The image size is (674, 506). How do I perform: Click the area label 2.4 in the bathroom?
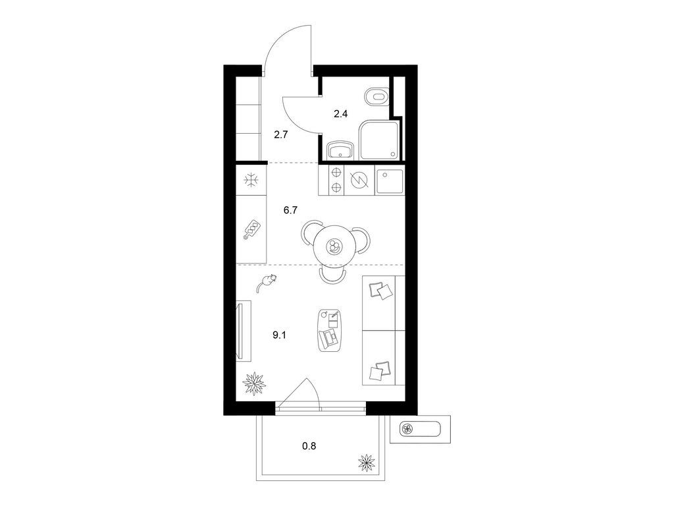(x=340, y=114)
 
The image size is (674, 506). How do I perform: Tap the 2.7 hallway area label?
(x=280, y=134)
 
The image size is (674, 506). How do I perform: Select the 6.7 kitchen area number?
(x=290, y=210)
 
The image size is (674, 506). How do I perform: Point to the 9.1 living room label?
(x=279, y=335)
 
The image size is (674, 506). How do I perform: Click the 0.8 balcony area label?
(x=309, y=446)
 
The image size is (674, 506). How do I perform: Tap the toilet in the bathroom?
(x=377, y=97)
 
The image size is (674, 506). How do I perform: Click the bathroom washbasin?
(x=340, y=150)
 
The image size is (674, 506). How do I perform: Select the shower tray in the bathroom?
(x=380, y=140)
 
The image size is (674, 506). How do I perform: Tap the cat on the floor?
(x=266, y=283)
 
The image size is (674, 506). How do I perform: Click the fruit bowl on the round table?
(x=334, y=246)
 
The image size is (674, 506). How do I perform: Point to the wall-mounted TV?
(x=244, y=331)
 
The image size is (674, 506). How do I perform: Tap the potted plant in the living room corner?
(x=255, y=383)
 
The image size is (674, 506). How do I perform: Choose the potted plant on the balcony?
(x=367, y=463)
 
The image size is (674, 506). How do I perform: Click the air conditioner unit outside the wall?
(x=420, y=429)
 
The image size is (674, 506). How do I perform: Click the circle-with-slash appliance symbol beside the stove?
(x=357, y=181)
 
